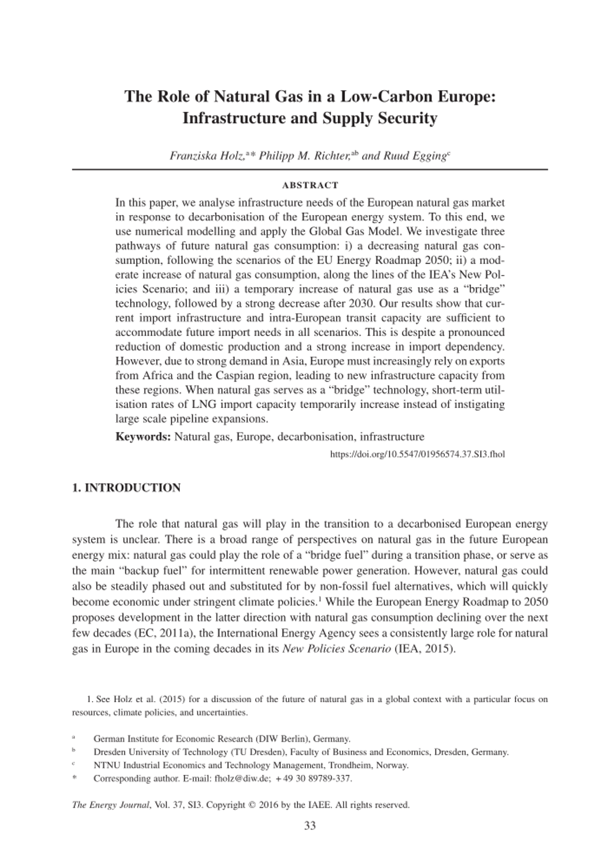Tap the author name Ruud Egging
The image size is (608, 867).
coord(415,156)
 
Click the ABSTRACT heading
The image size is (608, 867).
coord(309,186)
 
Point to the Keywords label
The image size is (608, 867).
coord(142,437)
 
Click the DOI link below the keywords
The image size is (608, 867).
coord(417,455)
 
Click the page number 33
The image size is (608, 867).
coord(309,825)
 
